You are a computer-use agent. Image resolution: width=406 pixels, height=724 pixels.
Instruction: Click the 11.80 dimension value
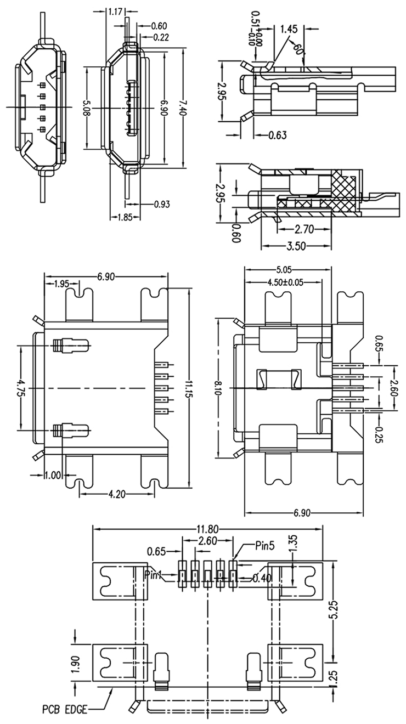point(207,530)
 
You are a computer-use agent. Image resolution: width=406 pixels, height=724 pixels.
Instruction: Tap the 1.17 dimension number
point(115,12)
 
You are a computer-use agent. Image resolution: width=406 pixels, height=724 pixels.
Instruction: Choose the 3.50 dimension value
point(296,246)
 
